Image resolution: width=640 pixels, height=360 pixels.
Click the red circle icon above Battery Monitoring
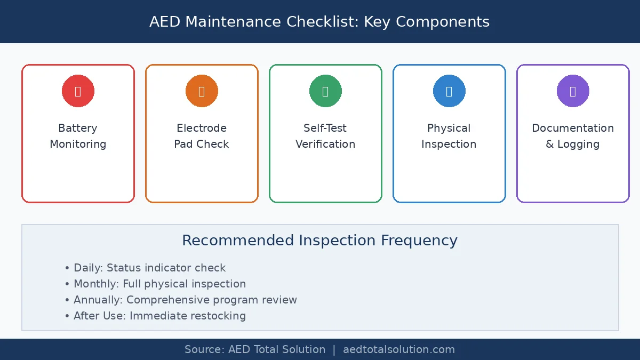coord(78,91)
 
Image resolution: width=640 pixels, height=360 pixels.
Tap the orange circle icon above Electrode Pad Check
coord(202,91)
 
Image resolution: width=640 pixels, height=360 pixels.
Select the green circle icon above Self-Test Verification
coord(325,91)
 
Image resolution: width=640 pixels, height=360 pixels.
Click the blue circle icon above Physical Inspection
coord(449,91)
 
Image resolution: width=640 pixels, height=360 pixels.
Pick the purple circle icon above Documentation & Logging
coord(573,91)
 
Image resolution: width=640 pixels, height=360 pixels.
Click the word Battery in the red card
coord(78,128)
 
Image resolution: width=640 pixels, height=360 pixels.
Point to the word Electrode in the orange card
coord(202,128)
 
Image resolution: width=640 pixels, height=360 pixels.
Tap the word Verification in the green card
coord(325,144)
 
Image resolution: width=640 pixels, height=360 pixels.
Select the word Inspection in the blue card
coord(449,144)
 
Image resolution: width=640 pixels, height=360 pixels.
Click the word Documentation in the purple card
coord(573,128)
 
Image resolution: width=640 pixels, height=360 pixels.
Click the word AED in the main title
coord(165,22)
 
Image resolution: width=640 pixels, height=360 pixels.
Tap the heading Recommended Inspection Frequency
coord(320,241)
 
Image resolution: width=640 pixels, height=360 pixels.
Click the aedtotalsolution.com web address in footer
coord(399,350)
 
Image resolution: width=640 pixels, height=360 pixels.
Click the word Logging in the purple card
coord(579,144)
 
